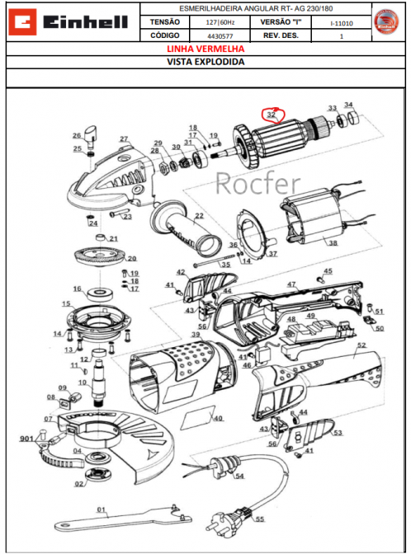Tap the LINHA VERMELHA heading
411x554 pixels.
point(205,49)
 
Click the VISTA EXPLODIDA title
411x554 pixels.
point(205,61)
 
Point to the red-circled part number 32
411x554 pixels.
point(271,116)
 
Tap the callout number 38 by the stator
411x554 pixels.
point(333,242)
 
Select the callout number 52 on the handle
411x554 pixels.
point(361,347)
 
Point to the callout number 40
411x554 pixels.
point(218,418)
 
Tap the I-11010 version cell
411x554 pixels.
point(338,22)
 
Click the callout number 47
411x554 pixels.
point(291,284)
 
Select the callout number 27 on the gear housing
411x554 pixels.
point(124,139)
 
